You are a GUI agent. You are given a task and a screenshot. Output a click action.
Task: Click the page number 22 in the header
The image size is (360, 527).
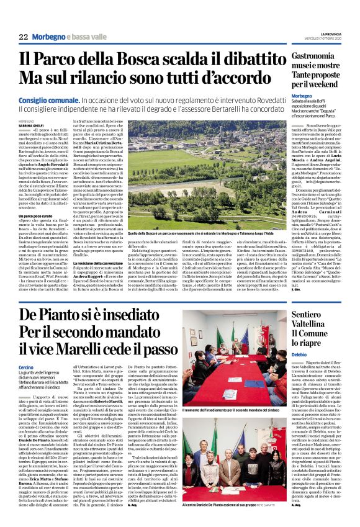tap(24, 38)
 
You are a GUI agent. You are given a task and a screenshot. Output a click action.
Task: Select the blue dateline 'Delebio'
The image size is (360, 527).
tap(284, 370)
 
